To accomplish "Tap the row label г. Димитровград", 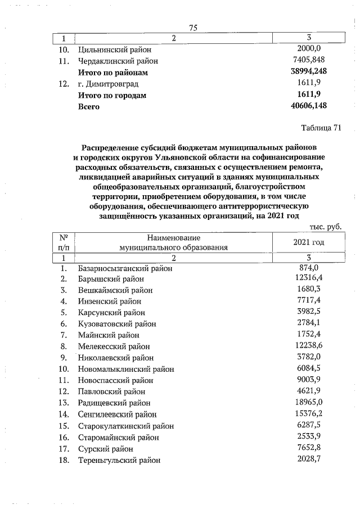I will pyautogui.click(x=109, y=83).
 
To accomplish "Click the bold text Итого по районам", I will pyautogui.click(x=112, y=72).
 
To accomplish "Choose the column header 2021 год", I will pyautogui.click(x=309, y=242).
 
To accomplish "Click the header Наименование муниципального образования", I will pyautogui.click(x=174, y=242).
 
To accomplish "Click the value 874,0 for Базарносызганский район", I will pyautogui.click(x=309, y=268).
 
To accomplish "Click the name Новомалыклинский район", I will pyautogui.click(x=126, y=369).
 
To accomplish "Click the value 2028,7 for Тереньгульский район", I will pyautogui.click(x=309, y=460).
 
